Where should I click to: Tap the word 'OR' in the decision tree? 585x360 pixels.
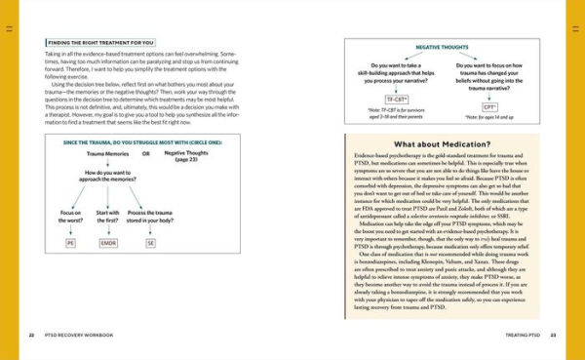point(146,154)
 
